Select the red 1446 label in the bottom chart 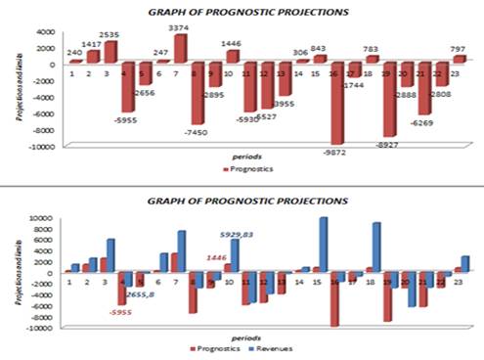pos(217,257)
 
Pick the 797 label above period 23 pos(458,47)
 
